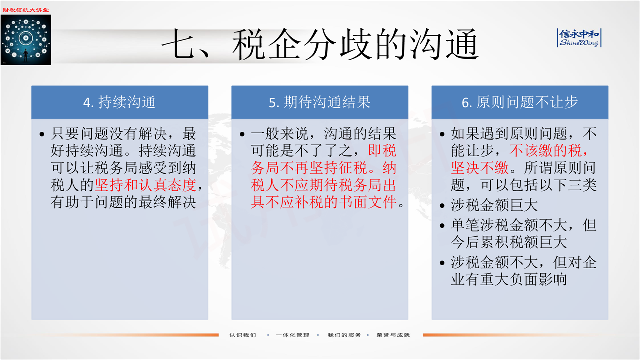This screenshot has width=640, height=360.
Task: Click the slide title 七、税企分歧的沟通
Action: (320, 45)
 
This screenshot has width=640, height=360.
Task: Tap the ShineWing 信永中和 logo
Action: (579, 38)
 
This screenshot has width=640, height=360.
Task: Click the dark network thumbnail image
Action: (26, 40)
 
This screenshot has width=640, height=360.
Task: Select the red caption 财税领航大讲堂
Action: (26, 10)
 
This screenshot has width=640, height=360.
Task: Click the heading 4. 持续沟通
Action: (119, 102)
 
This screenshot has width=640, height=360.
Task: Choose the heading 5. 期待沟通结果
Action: (319, 102)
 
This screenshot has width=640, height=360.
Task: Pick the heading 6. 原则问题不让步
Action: (520, 102)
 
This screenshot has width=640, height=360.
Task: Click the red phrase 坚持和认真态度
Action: (145, 185)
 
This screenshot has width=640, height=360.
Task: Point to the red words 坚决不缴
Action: (480, 168)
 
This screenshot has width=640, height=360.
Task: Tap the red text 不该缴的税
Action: (545, 151)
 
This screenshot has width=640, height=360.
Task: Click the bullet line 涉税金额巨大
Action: (494, 205)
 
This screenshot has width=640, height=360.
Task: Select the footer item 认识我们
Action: (243, 335)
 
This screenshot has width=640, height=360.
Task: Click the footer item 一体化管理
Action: (293, 335)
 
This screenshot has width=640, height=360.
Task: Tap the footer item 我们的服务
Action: (344, 335)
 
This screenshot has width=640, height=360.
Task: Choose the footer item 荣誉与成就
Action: (393, 335)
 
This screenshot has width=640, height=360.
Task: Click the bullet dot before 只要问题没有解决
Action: (42, 134)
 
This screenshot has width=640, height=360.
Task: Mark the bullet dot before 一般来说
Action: (242, 134)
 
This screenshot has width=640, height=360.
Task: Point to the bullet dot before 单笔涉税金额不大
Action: (442, 226)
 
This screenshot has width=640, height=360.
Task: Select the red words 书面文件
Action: (367, 202)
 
